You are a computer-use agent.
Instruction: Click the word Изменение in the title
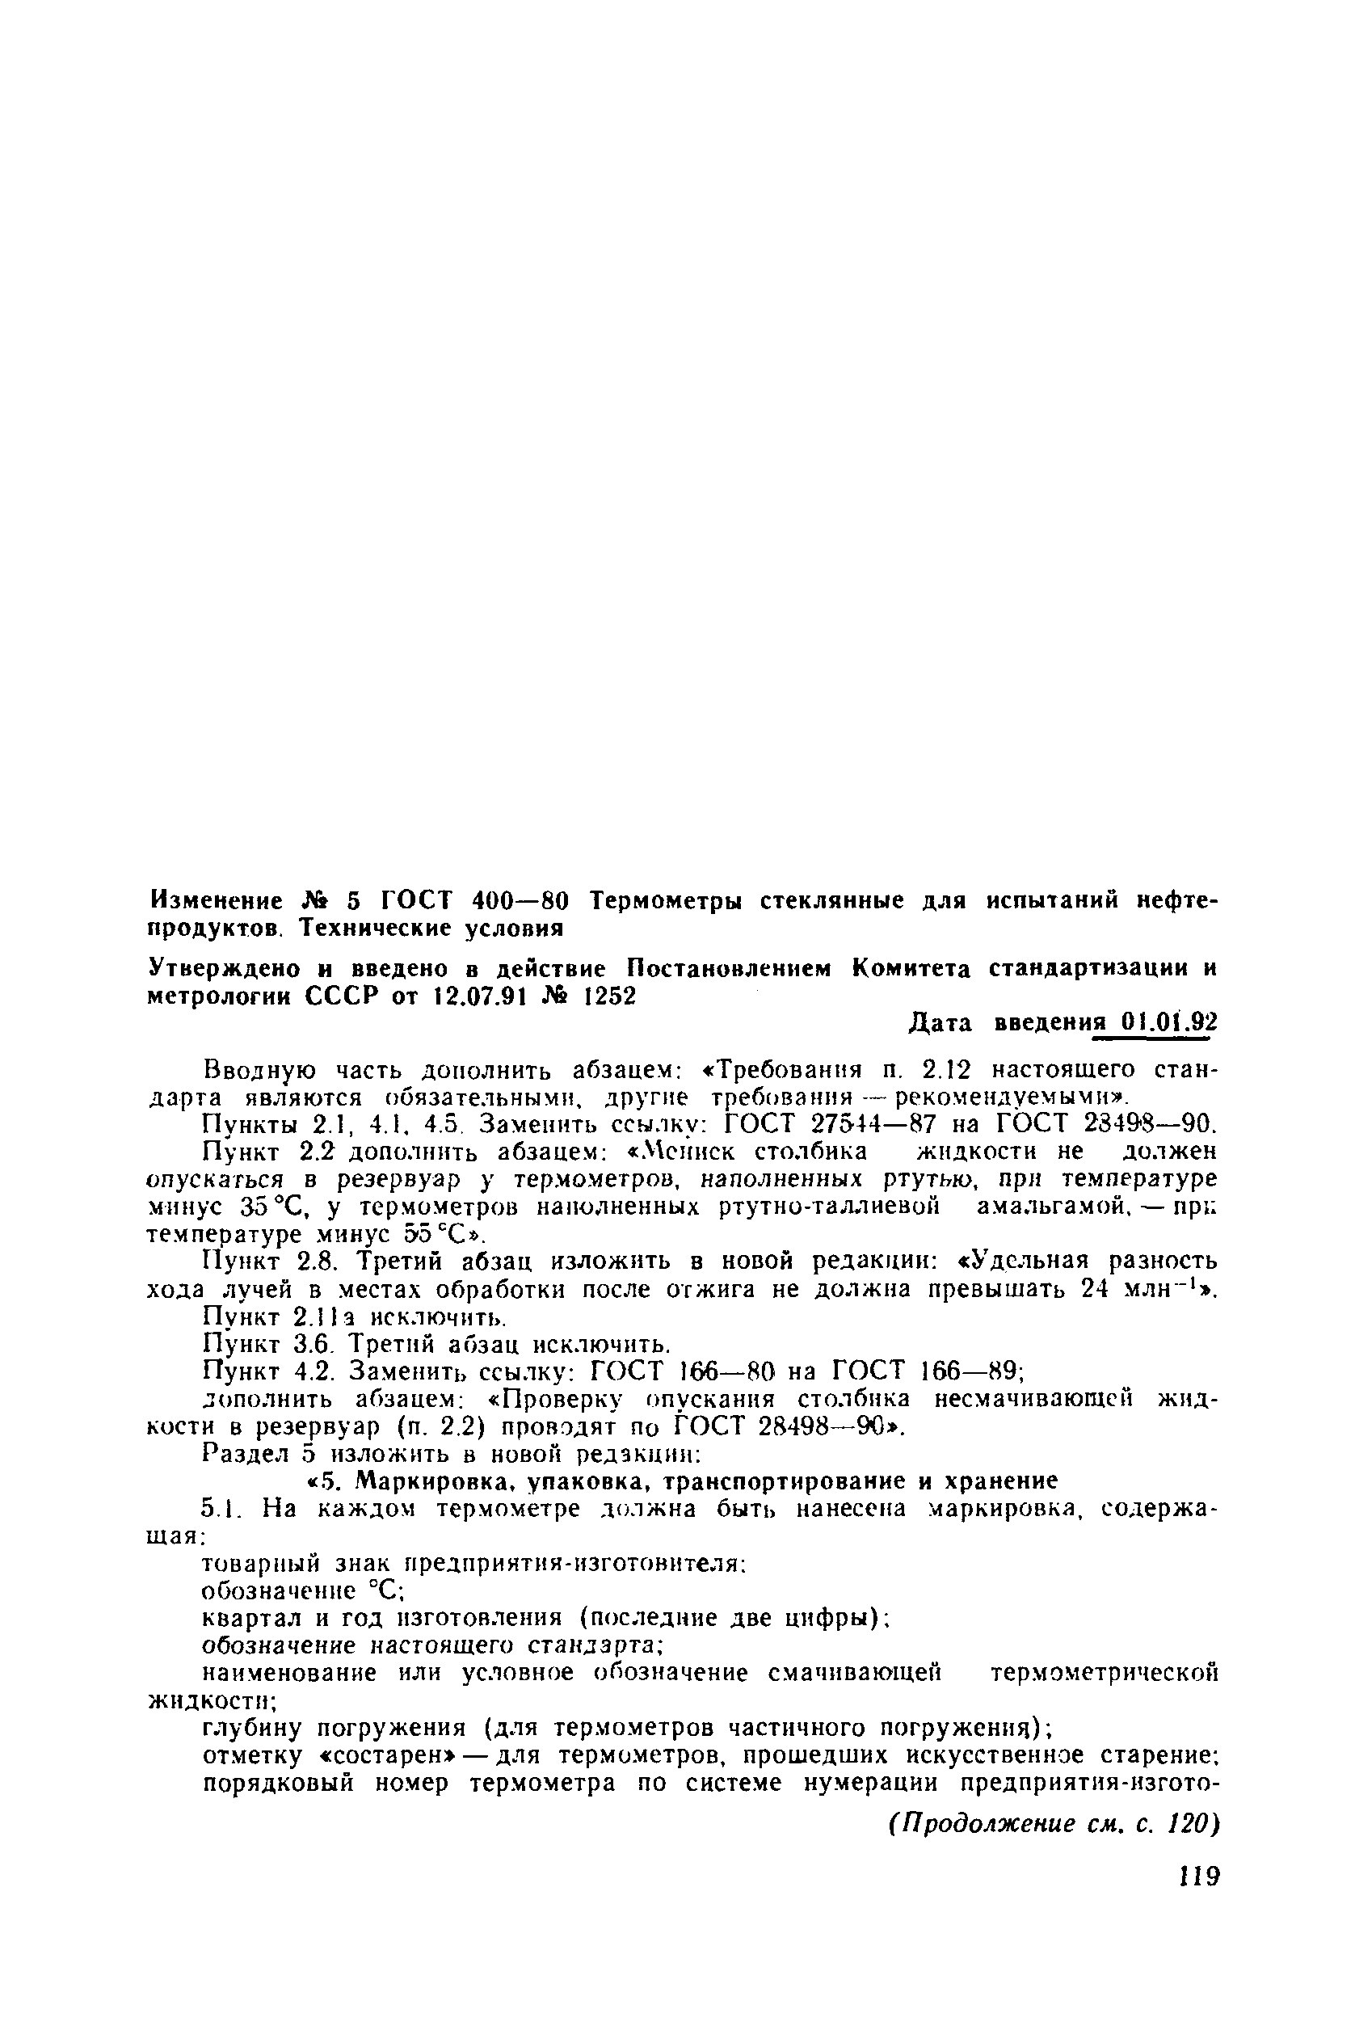(x=216, y=901)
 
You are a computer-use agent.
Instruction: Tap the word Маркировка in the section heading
(x=428, y=1481)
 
